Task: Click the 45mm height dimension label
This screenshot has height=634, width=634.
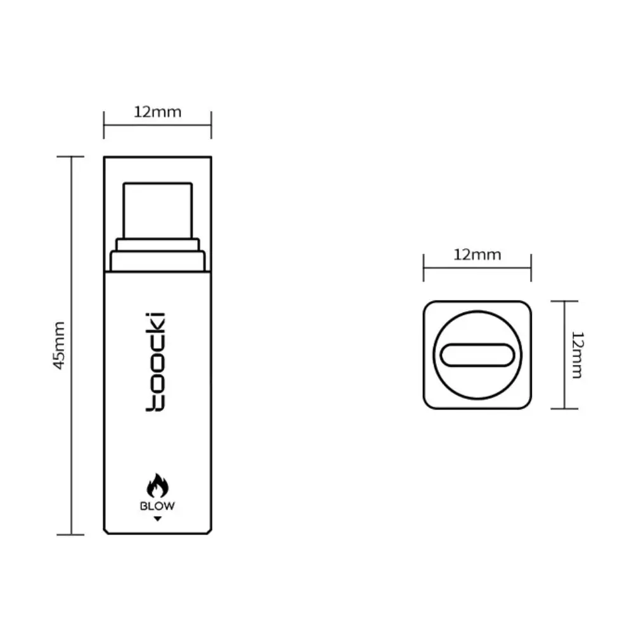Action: [59, 346]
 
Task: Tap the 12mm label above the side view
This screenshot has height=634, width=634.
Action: [157, 112]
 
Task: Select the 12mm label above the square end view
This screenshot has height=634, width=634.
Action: [477, 255]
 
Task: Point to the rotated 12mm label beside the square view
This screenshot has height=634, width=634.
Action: [578, 354]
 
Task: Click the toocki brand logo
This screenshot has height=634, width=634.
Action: [156, 362]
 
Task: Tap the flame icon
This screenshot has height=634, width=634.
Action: [157, 485]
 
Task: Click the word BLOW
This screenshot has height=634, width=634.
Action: [157, 506]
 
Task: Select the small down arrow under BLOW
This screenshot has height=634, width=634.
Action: [158, 519]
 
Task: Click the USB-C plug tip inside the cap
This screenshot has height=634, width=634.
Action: [158, 210]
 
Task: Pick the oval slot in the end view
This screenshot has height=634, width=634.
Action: [477, 355]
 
